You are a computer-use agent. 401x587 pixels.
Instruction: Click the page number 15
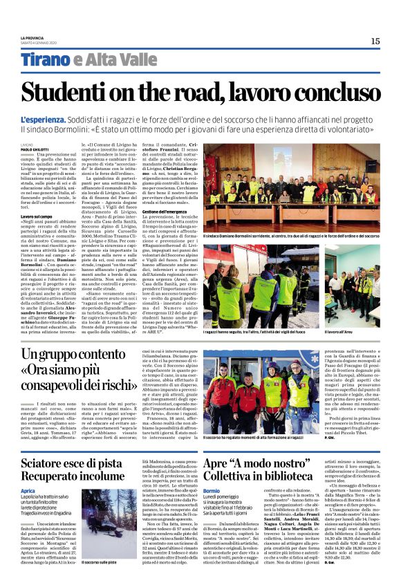[375, 41]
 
